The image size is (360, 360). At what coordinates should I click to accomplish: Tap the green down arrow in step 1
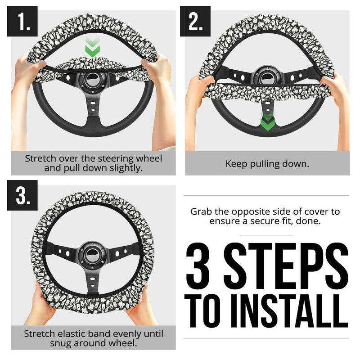click(92, 49)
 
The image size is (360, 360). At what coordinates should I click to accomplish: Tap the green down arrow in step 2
click(267, 121)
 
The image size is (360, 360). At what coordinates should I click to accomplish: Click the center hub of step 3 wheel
click(92, 254)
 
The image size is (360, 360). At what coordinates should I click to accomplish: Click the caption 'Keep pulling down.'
click(267, 164)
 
